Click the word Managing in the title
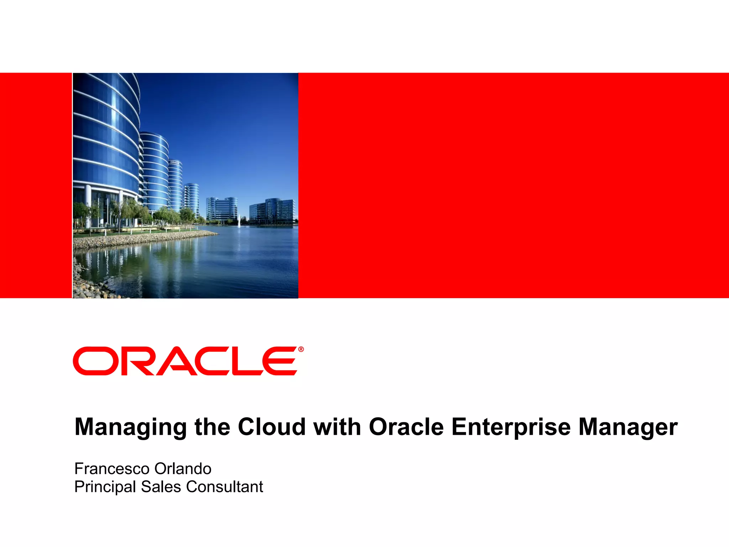[x=130, y=427]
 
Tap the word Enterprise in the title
[x=511, y=427]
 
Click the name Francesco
[x=112, y=469]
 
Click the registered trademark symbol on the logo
[x=301, y=349]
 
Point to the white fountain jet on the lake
[x=239, y=219]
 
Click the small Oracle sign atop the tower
[x=174, y=162]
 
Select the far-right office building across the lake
[x=272, y=212]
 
